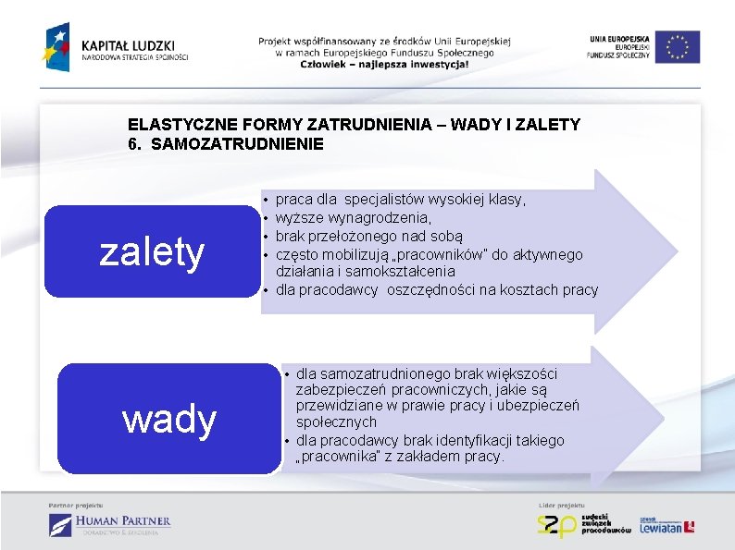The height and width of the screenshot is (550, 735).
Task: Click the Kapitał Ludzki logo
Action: tap(117, 46)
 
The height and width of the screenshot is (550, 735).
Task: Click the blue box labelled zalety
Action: tap(152, 251)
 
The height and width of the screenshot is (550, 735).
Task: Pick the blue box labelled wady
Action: tap(169, 420)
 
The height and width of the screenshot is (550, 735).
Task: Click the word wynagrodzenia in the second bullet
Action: tap(387, 217)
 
